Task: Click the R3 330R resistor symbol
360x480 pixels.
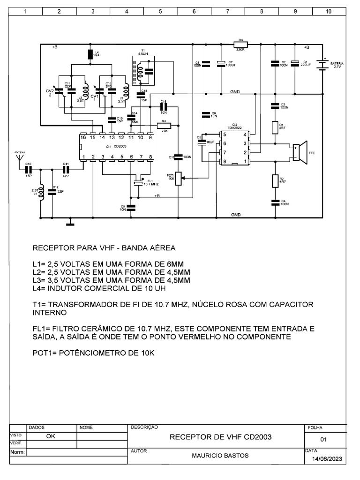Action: pos(240,45)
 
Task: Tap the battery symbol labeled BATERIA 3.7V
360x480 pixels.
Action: pos(322,64)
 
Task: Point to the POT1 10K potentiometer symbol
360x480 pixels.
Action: pos(178,178)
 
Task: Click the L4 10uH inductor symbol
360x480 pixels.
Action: pos(91,55)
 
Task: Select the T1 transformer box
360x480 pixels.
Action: pos(144,71)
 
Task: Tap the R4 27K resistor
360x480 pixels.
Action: pos(164,125)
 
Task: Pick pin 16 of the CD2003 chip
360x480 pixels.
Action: pos(83,137)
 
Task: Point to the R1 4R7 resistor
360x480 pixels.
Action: pos(275,127)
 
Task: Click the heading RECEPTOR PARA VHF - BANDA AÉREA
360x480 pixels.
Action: pos(104,247)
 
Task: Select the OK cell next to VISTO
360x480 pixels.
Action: pos(51,435)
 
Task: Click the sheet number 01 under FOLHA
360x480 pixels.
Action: pos(323,440)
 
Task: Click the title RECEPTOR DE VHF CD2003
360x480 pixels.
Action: pos(220,437)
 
